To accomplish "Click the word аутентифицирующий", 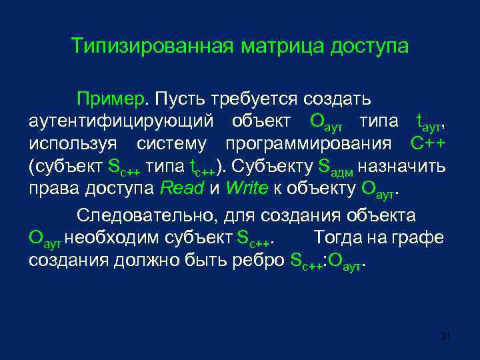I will [x=122, y=121].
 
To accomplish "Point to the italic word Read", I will [x=183, y=188].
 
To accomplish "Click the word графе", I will [x=422, y=237].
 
